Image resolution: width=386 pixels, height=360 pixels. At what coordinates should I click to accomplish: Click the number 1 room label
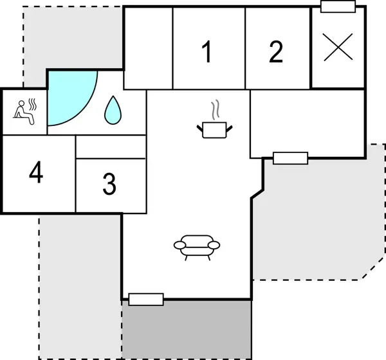pos(207,52)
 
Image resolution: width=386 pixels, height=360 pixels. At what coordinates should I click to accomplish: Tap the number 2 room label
pos(276,52)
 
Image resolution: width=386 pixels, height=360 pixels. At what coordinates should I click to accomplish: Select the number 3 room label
pos(109,184)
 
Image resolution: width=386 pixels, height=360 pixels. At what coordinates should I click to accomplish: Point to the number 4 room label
pos(36,172)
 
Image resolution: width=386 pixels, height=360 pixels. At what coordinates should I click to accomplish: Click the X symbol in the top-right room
pos(338,47)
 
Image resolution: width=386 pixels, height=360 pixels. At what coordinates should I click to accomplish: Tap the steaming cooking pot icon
pos(216,129)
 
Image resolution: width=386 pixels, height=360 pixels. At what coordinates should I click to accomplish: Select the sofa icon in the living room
pos(197,246)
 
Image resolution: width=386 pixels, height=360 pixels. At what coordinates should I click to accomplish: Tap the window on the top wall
pos(338,6)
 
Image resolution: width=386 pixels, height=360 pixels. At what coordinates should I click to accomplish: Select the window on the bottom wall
pos(146,299)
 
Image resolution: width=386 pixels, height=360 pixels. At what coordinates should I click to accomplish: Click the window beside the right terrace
pos(290,157)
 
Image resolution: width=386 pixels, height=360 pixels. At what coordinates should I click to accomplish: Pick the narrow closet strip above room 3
pos(111,147)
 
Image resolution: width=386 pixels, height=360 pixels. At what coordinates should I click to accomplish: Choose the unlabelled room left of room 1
pos(148,48)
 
